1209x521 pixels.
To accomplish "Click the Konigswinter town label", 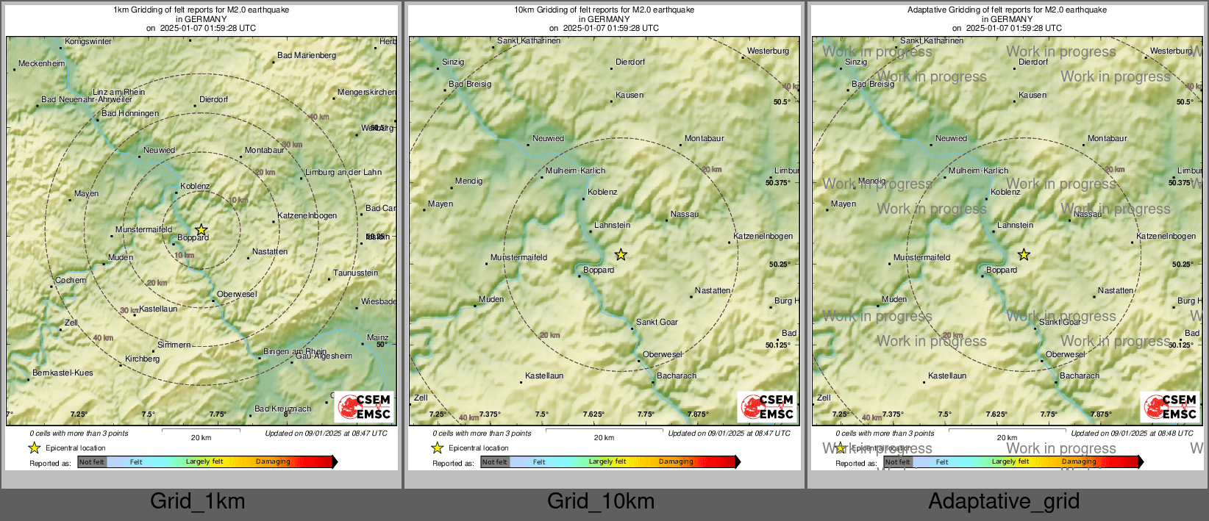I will (88, 42).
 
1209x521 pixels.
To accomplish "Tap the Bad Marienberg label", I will (307, 56).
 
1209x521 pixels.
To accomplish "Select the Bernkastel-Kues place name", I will (63, 373).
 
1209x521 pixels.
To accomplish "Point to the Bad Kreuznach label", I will (282, 409).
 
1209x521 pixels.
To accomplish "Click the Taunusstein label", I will (356, 273).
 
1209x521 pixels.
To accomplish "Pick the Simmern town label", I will (174, 345).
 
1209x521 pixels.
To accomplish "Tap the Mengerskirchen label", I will (366, 93).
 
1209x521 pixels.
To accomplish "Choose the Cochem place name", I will (71, 281).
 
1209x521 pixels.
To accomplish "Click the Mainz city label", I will (377, 338).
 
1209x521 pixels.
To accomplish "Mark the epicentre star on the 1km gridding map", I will (201, 229).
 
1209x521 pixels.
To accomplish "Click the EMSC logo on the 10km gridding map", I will (767, 407).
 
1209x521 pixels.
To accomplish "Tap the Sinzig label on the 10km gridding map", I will (453, 62).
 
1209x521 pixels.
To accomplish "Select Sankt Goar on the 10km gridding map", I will (657, 323).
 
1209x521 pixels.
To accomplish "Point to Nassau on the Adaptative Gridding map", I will (1088, 215).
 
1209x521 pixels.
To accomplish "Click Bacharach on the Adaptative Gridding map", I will (1080, 376).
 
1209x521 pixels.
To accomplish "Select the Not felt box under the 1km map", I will (92, 462).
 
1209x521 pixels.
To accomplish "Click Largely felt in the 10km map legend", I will (607, 462).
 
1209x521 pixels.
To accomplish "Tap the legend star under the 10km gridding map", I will (438, 448).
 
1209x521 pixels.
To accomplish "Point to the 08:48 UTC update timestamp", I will (1132, 434).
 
